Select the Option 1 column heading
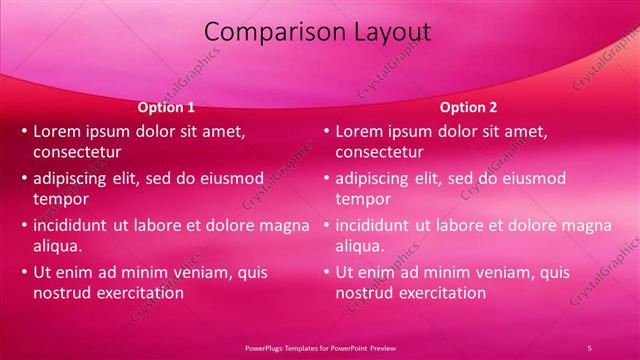165,107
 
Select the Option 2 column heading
467,107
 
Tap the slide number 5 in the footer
589,347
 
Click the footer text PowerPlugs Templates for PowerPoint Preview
321,347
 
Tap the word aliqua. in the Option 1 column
58,245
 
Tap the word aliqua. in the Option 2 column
360,245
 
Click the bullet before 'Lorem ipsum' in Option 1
24,131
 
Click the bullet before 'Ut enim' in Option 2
326,272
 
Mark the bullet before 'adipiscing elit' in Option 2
326,178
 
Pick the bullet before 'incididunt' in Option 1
24,225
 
